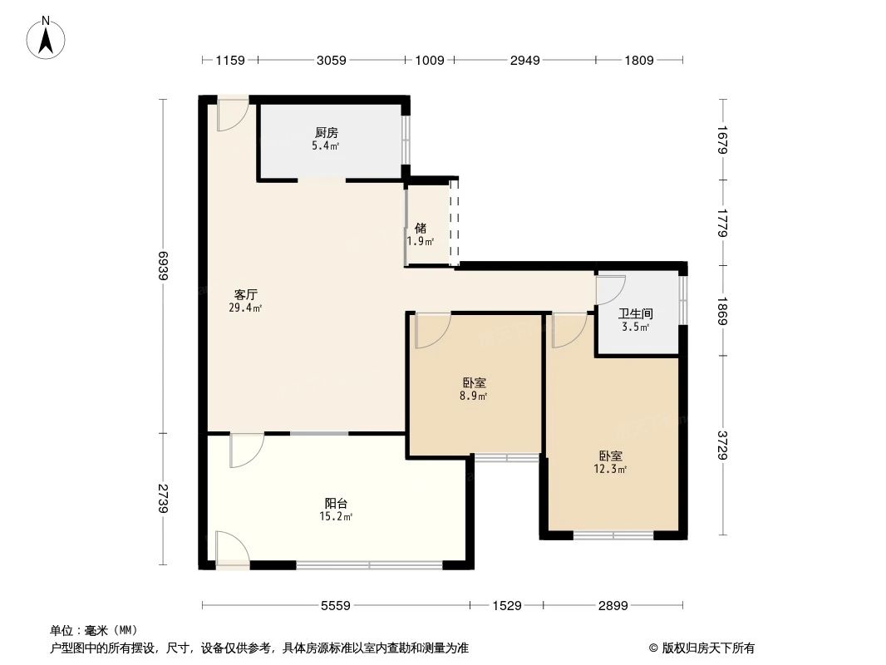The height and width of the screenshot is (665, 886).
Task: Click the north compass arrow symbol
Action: (x=47, y=37)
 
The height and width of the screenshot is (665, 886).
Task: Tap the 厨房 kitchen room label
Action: (x=326, y=132)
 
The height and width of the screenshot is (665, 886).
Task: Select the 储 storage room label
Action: (x=421, y=228)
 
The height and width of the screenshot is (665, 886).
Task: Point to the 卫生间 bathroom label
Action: (x=636, y=314)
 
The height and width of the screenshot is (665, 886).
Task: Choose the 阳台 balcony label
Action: (x=336, y=503)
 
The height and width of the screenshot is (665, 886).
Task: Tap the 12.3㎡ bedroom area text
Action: (x=611, y=470)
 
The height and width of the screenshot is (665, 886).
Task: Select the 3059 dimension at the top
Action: (x=331, y=60)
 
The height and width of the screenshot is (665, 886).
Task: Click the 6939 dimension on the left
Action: (x=165, y=266)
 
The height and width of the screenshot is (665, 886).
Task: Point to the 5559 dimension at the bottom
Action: (x=336, y=606)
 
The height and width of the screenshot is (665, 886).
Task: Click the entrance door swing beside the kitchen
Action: (x=232, y=116)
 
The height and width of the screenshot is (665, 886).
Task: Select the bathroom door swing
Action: (x=610, y=288)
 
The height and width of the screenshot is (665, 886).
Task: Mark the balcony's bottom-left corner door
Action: (x=230, y=549)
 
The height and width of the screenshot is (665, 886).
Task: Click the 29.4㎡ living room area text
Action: (x=245, y=308)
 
